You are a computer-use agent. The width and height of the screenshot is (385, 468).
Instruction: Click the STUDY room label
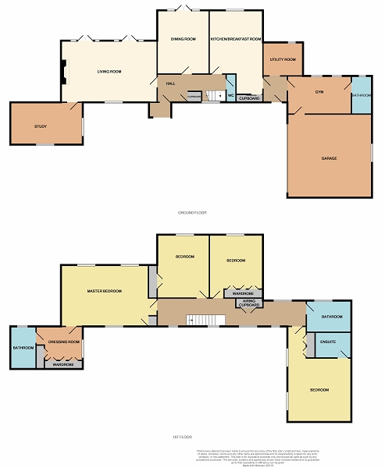tap(41, 126)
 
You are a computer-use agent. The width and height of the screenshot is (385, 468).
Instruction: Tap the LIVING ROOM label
tap(109, 72)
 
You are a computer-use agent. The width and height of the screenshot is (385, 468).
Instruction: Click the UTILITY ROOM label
tap(283, 59)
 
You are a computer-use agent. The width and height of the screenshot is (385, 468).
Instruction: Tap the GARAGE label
tap(329, 158)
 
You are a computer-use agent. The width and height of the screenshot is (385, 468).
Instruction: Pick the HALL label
tap(170, 83)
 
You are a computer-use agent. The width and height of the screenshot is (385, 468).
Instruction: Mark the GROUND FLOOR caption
tap(192, 212)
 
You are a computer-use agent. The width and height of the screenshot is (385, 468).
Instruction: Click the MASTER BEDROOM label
tap(104, 291)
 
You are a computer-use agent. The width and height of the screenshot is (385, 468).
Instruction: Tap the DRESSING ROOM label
tap(64, 342)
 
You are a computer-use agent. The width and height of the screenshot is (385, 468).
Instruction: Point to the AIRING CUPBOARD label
tap(249, 302)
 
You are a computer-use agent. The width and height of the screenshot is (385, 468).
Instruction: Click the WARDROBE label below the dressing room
tap(62, 364)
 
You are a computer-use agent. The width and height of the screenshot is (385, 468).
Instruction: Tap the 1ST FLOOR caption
tap(192, 437)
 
